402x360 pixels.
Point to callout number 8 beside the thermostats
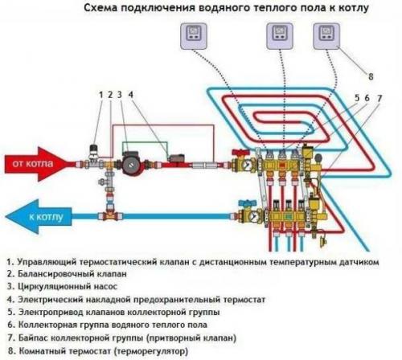pyautogui.click(x=370, y=78)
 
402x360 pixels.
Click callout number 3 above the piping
pyautogui.click(x=121, y=96)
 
